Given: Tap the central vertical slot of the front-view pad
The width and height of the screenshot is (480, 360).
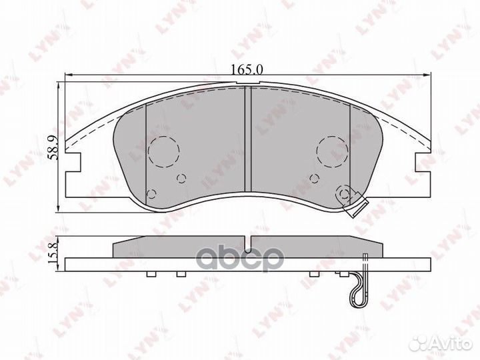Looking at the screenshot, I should click(x=247, y=140).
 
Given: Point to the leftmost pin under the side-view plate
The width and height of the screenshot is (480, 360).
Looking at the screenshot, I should click(x=151, y=274).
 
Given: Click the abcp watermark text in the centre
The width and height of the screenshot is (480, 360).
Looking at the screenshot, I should click(x=248, y=259).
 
